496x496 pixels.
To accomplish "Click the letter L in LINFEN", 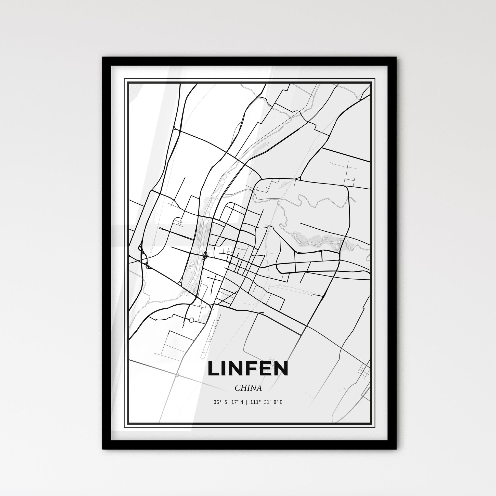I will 214,369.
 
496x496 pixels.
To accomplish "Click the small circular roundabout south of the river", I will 191,320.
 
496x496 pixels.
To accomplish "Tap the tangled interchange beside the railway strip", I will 205,255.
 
